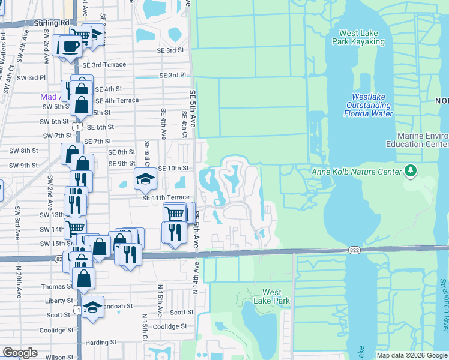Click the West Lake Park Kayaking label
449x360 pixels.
click(361, 38)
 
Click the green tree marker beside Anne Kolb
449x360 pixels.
click(411, 172)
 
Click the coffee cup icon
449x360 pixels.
click(70, 46)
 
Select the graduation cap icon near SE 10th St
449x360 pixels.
click(145, 178)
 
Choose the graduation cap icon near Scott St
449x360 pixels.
click(92, 307)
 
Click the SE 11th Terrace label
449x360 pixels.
click(166, 197)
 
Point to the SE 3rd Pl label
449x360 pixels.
click(173, 76)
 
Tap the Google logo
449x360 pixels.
click(20, 353)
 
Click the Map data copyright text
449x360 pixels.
click(411, 355)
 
